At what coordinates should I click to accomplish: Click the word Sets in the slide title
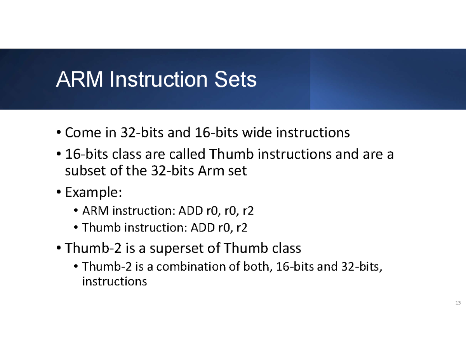tap(235, 79)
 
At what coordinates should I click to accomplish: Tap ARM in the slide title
tap(79, 79)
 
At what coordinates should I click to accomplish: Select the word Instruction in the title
tap(158, 79)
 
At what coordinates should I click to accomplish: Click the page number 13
tap(458, 303)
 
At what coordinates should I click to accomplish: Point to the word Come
tap(83, 132)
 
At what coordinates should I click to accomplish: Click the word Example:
tap(94, 192)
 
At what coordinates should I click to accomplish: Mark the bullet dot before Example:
tap(59, 192)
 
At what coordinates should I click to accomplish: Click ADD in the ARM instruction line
tap(191, 210)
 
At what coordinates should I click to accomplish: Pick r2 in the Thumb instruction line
tap(242, 228)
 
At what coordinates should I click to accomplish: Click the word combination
tap(191, 266)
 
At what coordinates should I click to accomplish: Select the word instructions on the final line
tap(115, 281)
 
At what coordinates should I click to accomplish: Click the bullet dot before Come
tap(59, 132)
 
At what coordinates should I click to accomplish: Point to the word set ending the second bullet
tap(237, 171)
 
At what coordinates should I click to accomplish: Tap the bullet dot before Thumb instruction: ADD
tap(76, 227)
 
